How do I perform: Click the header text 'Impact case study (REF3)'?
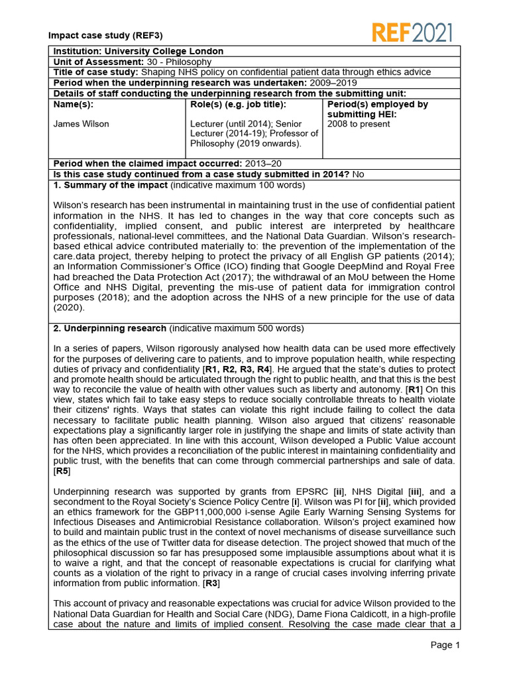click(x=105, y=35)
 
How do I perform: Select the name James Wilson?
click(x=81, y=124)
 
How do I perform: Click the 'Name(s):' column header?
click(x=73, y=105)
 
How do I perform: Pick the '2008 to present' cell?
click(x=359, y=124)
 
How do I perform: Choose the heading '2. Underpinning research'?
click(x=109, y=328)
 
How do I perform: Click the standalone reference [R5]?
click(x=62, y=471)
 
